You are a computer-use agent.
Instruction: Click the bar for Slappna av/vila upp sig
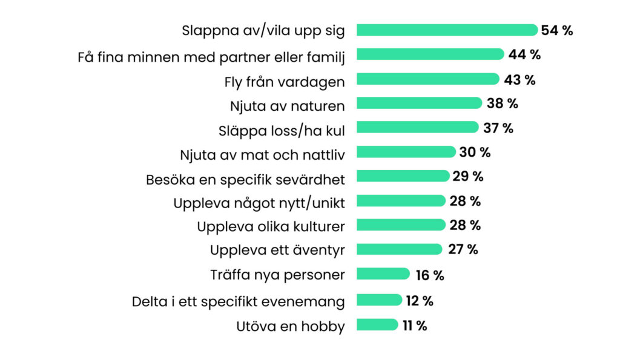click(x=447, y=30)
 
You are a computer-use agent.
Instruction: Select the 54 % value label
click(x=557, y=30)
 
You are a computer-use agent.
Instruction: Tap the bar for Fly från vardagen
click(x=428, y=79)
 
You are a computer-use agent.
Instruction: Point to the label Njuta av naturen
click(x=288, y=106)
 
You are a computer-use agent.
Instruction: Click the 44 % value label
click(x=524, y=54)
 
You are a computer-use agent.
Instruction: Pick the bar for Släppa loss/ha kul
click(x=418, y=127)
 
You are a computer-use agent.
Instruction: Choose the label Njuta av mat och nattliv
click(x=263, y=155)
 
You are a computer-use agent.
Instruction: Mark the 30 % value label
click(x=475, y=152)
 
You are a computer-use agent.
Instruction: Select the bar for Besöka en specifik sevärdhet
click(x=403, y=176)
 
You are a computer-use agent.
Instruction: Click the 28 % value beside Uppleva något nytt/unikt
click(x=465, y=201)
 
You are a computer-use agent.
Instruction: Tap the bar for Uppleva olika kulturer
click(x=401, y=225)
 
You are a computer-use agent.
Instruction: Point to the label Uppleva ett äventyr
click(x=277, y=250)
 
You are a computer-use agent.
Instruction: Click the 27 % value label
click(x=463, y=249)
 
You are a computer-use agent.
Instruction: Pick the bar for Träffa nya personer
click(x=383, y=273)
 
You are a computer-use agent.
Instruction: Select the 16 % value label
click(x=430, y=275)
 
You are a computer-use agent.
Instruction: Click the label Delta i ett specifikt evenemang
click(x=239, y=302)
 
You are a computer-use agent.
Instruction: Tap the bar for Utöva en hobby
click(x=377, y=324)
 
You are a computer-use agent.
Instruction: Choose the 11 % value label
click(x=415, y=326)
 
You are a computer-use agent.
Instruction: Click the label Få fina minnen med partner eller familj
click(x=211, y=57)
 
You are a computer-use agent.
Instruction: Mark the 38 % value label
click(x=502, y=103)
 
